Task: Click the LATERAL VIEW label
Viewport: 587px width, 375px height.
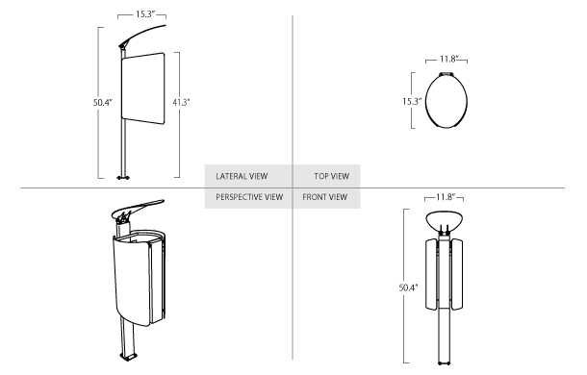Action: point(242,176)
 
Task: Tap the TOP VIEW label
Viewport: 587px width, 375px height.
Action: point(332,176)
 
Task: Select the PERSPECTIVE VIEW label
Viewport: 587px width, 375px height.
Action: point(249,197)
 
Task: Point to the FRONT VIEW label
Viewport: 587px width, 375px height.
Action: point(325,197)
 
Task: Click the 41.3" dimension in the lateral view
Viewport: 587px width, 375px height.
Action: point(181,102)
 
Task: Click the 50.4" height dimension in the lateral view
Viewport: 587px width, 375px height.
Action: point(103,102)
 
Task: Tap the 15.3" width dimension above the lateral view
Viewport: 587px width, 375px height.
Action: point(145,14)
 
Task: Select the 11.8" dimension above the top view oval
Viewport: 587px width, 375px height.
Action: point(448,59)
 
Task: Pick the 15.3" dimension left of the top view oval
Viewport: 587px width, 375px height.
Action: point(412,101)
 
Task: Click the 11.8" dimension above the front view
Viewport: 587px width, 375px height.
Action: point(446,197)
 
